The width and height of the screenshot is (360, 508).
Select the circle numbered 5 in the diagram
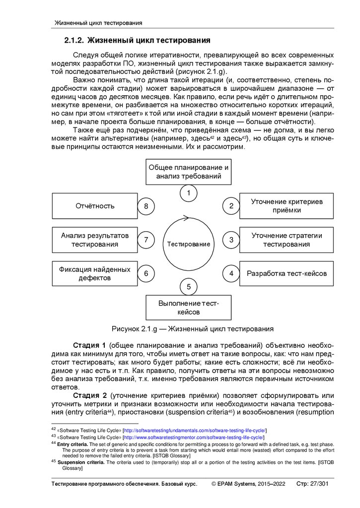[188, 286]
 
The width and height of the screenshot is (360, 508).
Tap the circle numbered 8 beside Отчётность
[146, 206]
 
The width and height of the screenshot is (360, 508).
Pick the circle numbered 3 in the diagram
[231, 240]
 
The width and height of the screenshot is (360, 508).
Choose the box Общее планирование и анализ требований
[188, 172]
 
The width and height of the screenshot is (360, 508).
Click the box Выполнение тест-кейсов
[188, 308]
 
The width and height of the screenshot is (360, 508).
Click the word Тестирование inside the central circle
[188, 244]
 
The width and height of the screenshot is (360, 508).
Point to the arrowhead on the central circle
[186, 217]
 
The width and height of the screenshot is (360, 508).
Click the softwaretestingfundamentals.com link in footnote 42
[195, 430]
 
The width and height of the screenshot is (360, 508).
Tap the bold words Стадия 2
[90, 395]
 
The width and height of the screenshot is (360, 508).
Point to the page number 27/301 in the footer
[318, 484]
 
